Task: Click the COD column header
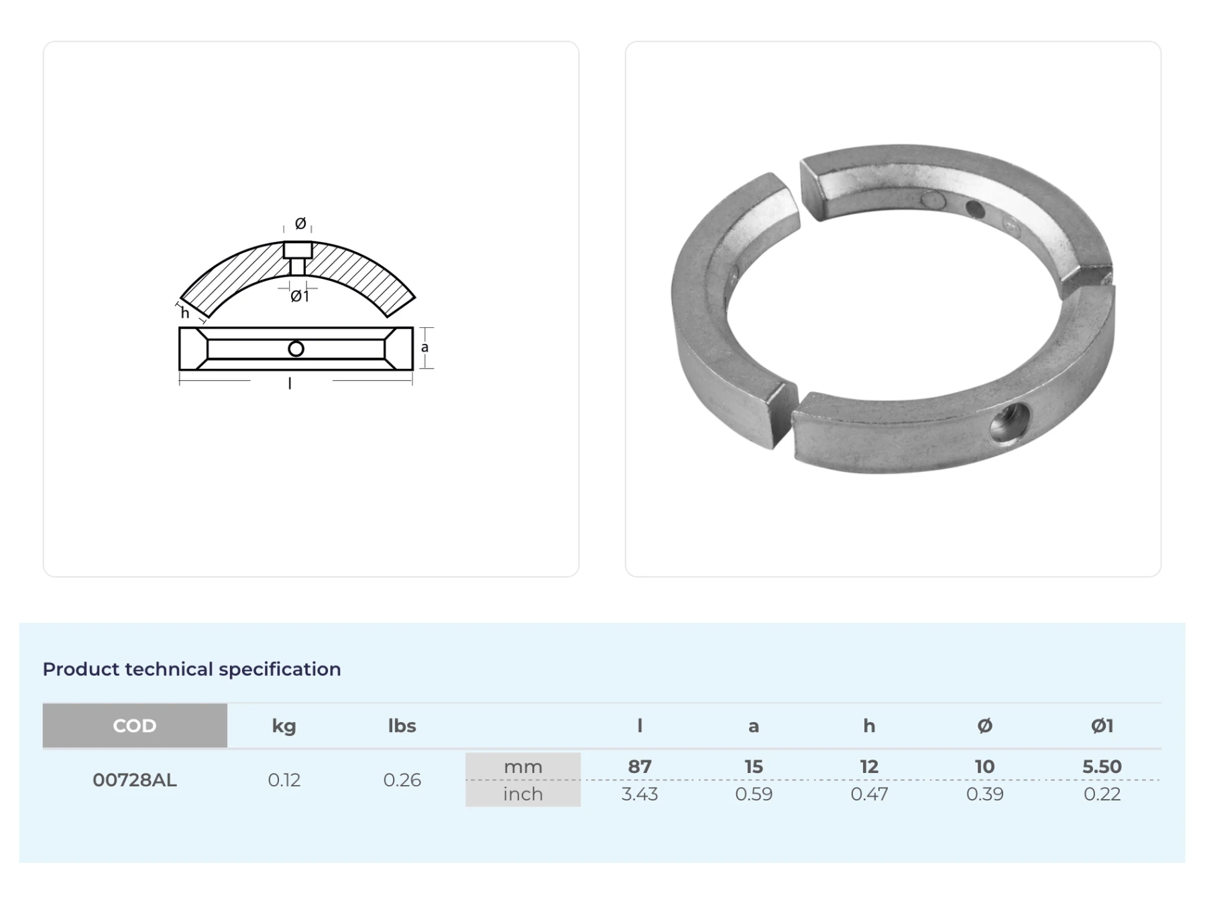(x=135, y=725)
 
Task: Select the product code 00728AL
(x=135, y=780)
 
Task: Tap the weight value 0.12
(x=284, y=780)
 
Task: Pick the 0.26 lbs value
(x=402, y=780)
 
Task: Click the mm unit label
(x=523, y=766)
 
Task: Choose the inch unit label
(x=523, y=794)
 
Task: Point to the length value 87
(x=640, y=766)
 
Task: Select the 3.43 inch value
(x=640, y=794)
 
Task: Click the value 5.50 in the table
(x=1102, y=766)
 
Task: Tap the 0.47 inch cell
(x=869, y=794)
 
